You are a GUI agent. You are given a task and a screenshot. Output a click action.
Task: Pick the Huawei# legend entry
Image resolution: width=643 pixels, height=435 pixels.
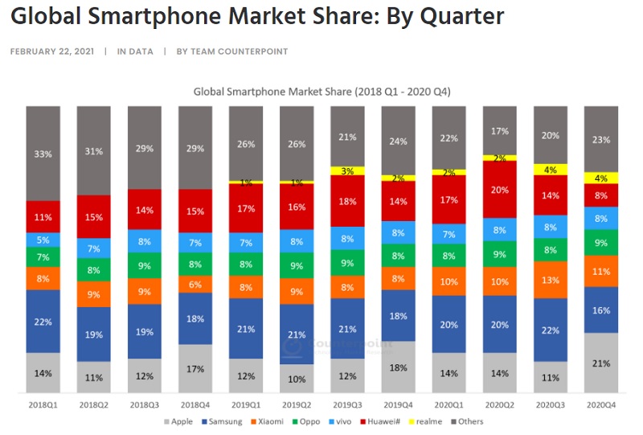[384, 421]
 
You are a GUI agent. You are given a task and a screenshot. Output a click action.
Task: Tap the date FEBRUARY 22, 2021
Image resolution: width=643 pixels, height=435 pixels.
[51, 51]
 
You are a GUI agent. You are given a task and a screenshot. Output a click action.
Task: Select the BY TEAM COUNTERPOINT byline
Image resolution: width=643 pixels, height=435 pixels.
[232, 51]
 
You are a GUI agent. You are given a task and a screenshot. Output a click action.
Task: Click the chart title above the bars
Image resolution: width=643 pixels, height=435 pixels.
[321, 92]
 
